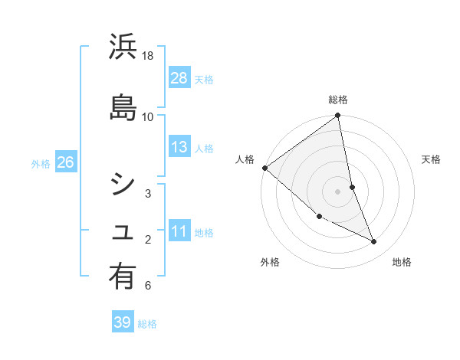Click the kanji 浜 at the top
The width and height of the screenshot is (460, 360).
(123, 47)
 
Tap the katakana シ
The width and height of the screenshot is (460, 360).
(123, 184)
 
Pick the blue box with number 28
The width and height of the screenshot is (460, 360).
(179, 77)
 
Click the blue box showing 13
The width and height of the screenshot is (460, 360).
(179, 147)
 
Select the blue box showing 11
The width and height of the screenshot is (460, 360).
(179, 231)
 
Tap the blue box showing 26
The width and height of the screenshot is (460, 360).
(65, 162)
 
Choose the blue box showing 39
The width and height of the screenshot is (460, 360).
(123, 322)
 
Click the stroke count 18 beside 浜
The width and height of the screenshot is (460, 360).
(148, 56)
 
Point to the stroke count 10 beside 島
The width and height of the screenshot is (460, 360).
(148, 116)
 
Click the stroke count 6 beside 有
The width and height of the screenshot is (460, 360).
(147, 286)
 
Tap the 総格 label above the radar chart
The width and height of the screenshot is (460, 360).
(338, 100)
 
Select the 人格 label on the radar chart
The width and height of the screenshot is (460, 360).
(245, 159)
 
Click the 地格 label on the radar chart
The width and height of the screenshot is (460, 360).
(402, 262)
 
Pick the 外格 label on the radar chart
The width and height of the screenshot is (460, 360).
(270, 262)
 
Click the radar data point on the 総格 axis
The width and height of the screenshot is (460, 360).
(338, 116)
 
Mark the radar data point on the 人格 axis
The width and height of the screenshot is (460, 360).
(264, 168)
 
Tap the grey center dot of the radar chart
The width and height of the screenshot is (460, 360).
(338, 191)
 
